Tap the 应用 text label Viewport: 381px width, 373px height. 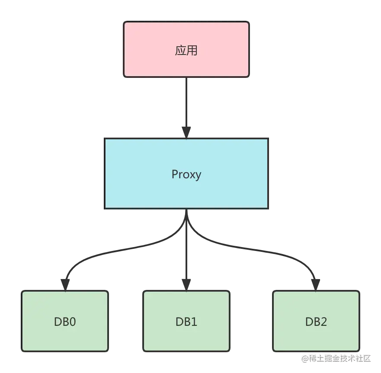coord(186,50)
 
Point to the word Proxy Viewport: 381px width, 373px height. coord(186,174)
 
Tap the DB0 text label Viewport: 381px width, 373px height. coord(65,322)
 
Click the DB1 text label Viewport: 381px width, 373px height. coord(186,322)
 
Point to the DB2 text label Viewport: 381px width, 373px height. coord(316,322)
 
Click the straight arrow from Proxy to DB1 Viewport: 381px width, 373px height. coord(186,251)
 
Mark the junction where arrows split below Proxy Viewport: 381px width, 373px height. coord(186,223)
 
